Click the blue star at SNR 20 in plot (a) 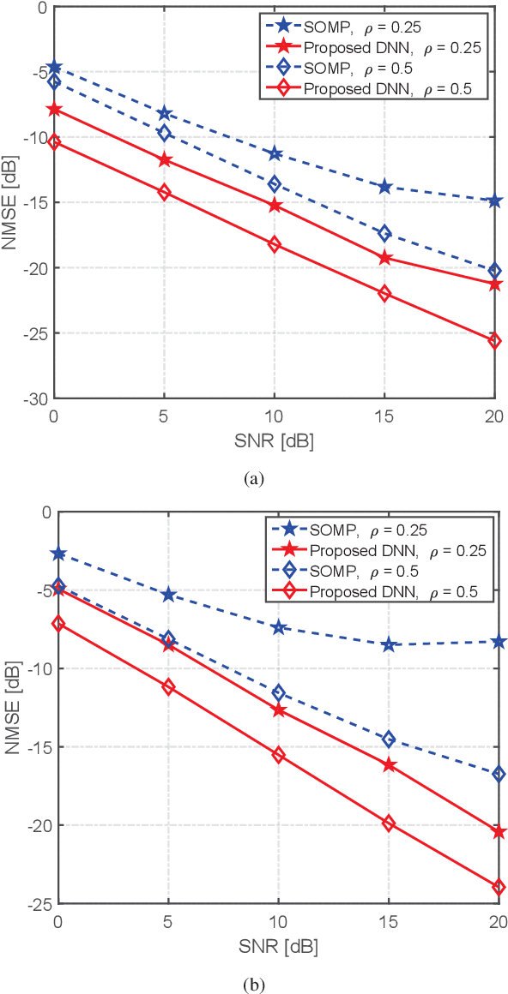click(494, 201)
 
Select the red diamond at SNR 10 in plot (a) click(275, 244)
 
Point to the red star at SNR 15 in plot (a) click(384, 258)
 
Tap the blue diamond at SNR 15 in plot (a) click(384, 233)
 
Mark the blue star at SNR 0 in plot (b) click(57, 554)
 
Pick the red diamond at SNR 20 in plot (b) click(498, 887)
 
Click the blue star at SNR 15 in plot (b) click(388, 644)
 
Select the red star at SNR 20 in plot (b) click(498, 832)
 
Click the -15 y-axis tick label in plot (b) click(38, 747)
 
